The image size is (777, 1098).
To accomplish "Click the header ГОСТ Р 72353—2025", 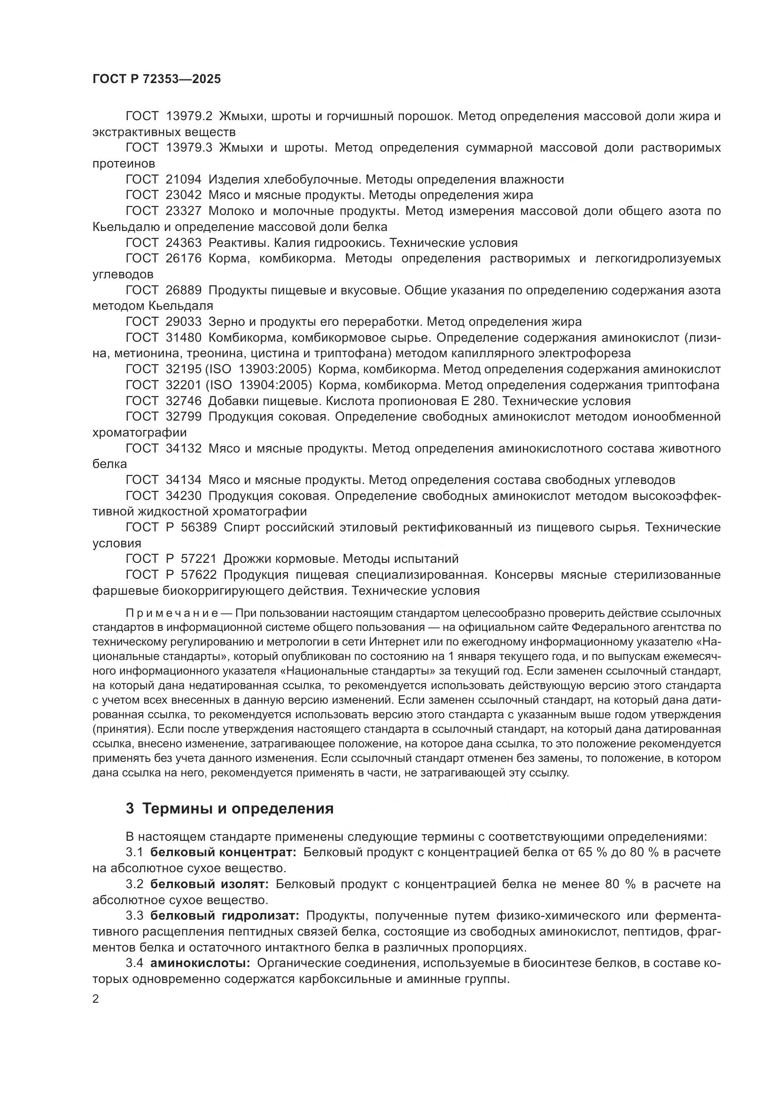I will click(156, 79).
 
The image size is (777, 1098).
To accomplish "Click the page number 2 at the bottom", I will click(96, 999).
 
